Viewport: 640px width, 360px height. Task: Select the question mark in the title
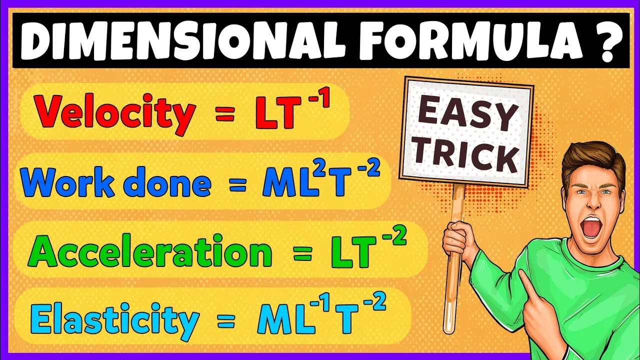[x=609, y=41]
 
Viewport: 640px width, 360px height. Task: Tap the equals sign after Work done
[x=237, y=185]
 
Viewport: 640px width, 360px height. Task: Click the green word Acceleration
[x=150, y=251]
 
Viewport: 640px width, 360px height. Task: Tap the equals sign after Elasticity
[x=226, y=321]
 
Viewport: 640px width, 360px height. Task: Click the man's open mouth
[x=591, y=227]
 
